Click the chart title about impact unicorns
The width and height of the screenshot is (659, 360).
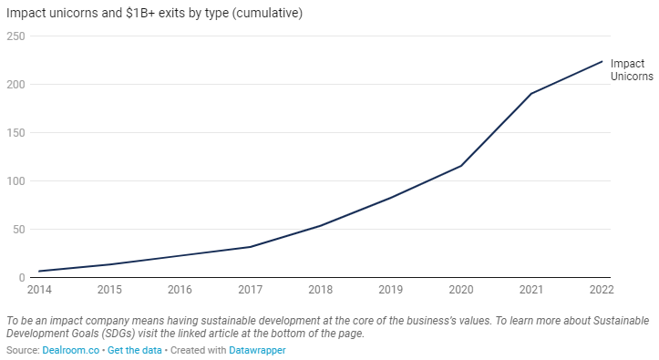tap(154, 13)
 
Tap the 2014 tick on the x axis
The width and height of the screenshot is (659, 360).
tap(40, 290)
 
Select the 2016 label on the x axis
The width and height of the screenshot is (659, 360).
tap(180, 290)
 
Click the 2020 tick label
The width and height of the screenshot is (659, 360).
tap(461, 290)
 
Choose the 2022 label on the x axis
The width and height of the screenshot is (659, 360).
tap(602, 290)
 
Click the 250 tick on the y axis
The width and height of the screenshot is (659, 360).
tap(15, 36)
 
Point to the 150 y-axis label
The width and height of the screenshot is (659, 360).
tap(15, 133)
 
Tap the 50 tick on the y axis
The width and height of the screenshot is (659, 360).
tap(17, 230)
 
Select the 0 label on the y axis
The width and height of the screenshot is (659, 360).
tap(20, 278)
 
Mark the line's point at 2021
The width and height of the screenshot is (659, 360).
tap(531, 94)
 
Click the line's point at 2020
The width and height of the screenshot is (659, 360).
tap(461, 165)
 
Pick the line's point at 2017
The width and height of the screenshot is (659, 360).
tap(251, 246)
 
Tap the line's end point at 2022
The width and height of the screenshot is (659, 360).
tap(602, 61)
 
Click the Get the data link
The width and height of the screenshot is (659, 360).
tap(135, 350)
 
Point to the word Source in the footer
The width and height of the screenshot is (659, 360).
tap(21, 350)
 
